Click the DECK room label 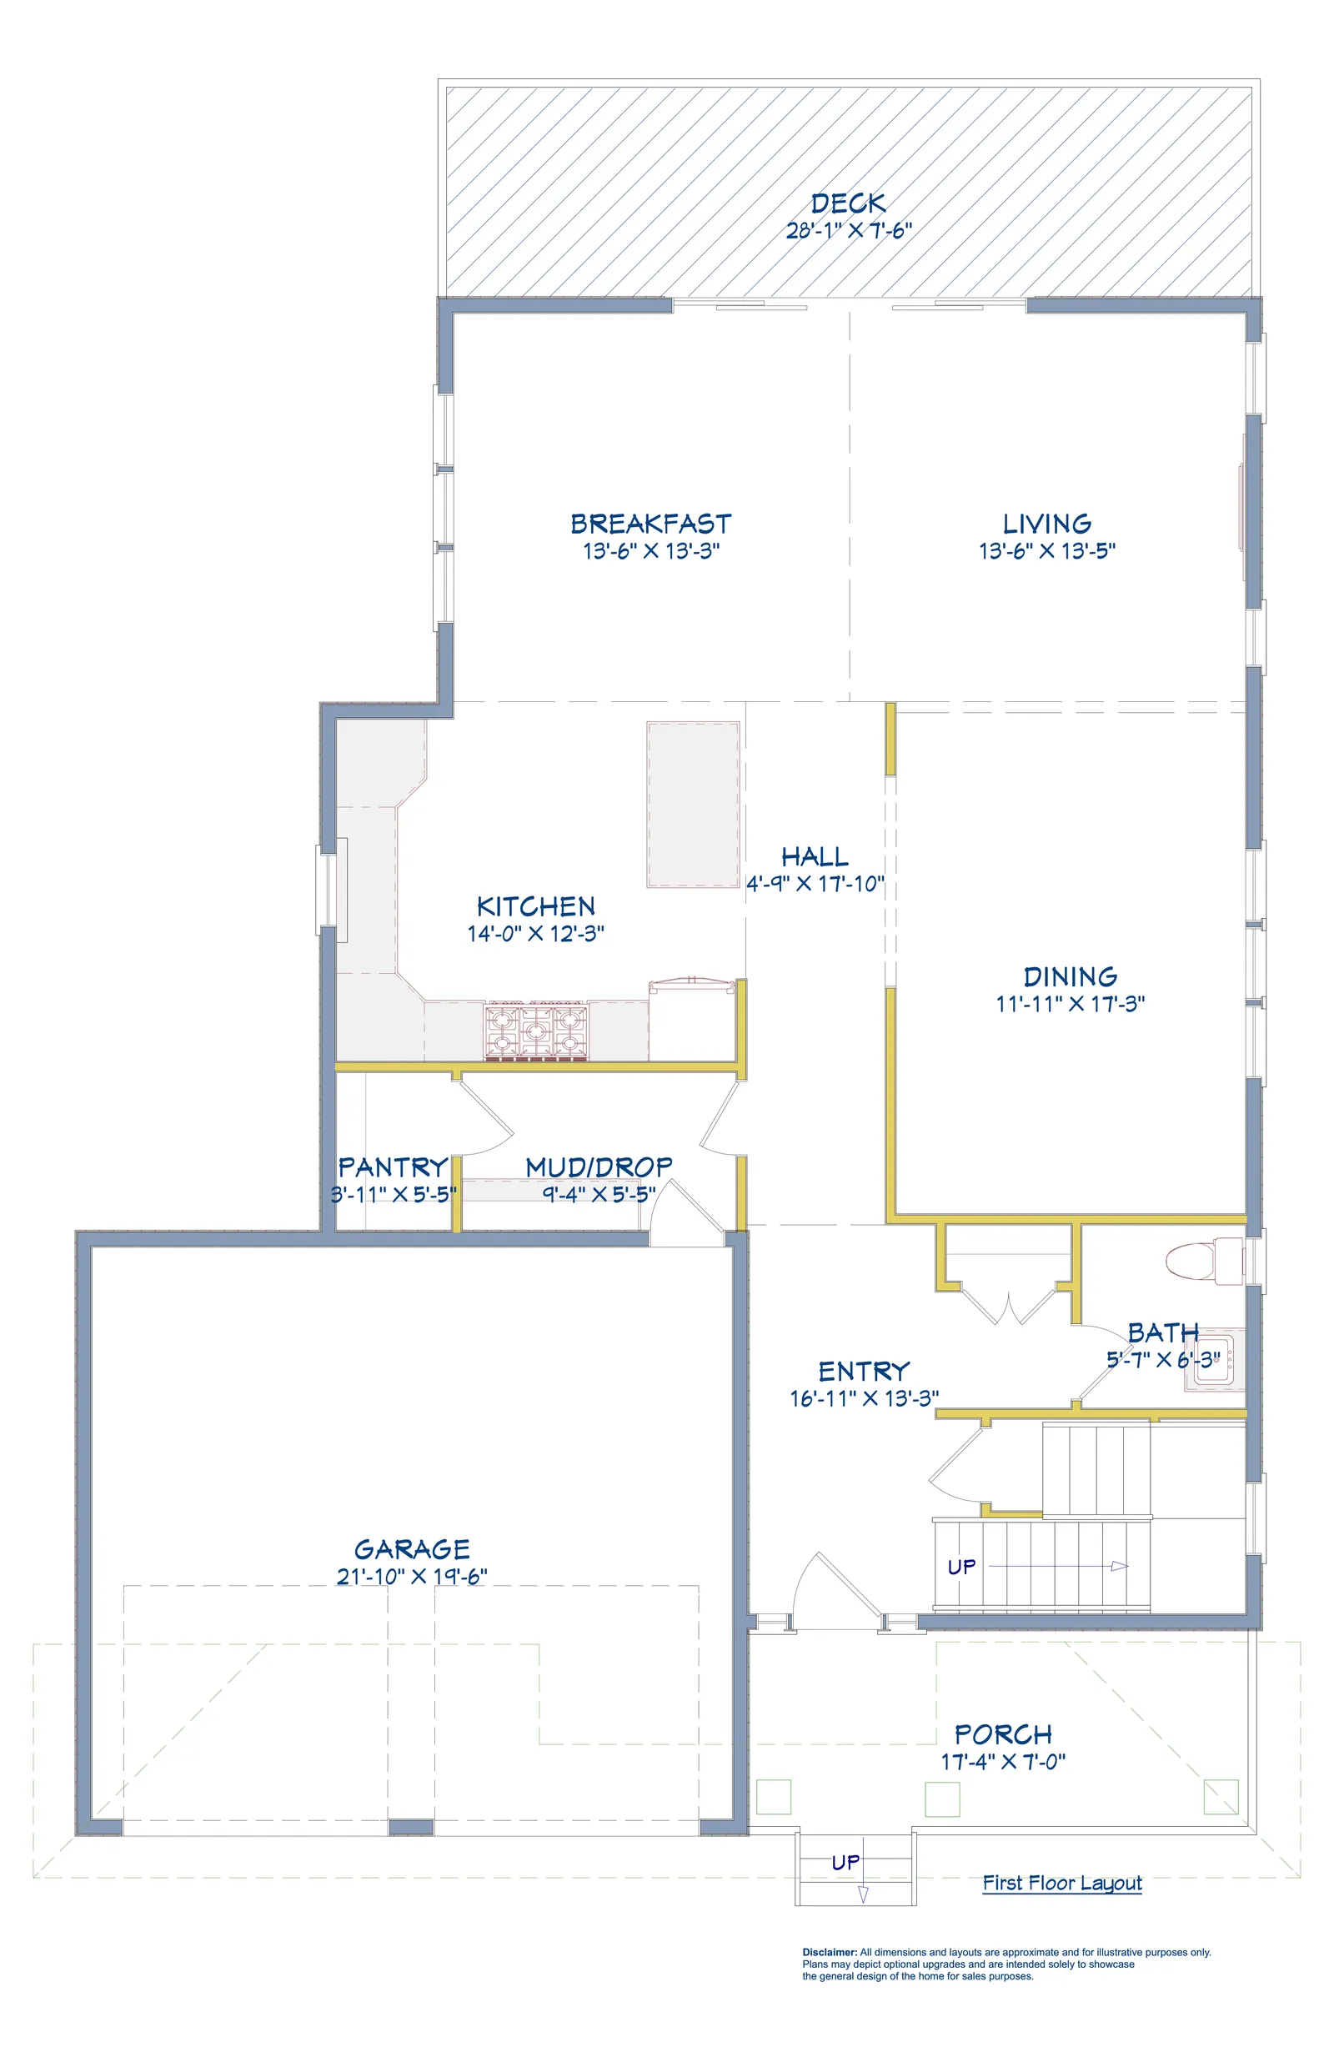point(848,203)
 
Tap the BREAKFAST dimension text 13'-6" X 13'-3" point(651,551)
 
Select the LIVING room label point(1046,524)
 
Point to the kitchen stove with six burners point(535,1031)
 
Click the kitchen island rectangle point(693,805)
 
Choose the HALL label point(815,857)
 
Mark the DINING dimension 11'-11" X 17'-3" point(1070,1004)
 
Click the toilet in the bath point(1204,1261)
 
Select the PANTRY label point(394,1166)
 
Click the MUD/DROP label point(599,1166)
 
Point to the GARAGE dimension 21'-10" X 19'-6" point(412,1576)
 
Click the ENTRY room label point(864,1371)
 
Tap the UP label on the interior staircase point(961,1567)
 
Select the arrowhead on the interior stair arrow point(1120,1566)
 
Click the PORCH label point(1003,1734)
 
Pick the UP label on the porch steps point(845,1862)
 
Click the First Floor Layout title point(1062,1883)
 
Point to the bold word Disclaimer point(830,1952)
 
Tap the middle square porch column point(942,1799)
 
